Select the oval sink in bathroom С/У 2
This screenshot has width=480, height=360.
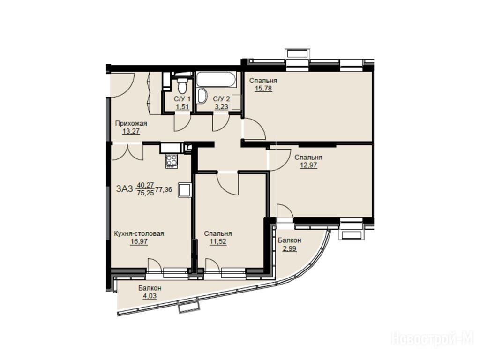pyautogui.click(x=202, y=96)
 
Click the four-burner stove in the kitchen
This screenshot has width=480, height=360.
pyautogui.click(x=172, y=161)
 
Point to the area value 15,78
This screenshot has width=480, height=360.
pyautogui.click(x=263, y=89)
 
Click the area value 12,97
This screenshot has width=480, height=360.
pyautogui.click(x=308, y=165)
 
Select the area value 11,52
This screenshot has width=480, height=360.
pyautogui.click(x=218, y=241)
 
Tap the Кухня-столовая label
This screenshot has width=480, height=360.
pyautogui.click(x=139, y=233)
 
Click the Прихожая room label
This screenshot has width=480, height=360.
pyautogui.click(x=131, y=123)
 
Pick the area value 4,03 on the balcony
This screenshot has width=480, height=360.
pyautogui.click(x=150, y=296)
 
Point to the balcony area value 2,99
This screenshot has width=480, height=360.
pyautogui.click(x=289, y=248)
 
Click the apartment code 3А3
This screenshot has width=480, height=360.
pyautogui.click(x=125, y=189)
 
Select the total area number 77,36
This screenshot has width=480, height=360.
pyautogui.click(x=164, y=189)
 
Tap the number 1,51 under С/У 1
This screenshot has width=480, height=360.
pyautogui.click(x=182, y=107)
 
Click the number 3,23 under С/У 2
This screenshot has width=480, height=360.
pyautogui.click(x=221, y=107)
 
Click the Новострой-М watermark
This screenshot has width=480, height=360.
pyautogui.click(x=433, y=339)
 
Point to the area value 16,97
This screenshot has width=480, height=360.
pyautogui.click(x=139, y=241)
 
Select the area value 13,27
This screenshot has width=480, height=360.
pyautogui.click(x=131, y=132)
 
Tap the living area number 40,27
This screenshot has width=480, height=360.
pyautogui.click(x=145, y=185)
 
